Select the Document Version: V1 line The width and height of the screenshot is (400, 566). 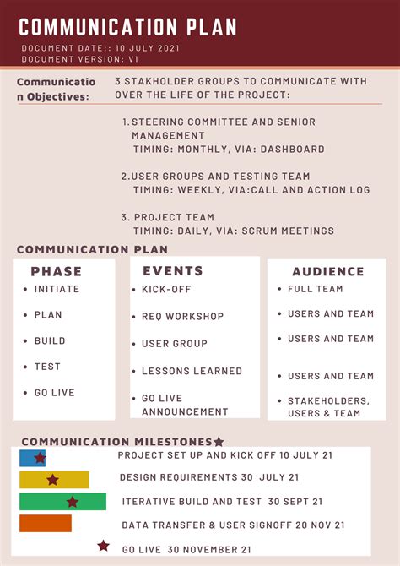pos(80,59)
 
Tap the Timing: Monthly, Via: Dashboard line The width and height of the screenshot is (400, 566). pos(229,150)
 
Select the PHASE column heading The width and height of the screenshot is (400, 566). pos(57,271)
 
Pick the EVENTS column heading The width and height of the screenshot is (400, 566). pos(173,271)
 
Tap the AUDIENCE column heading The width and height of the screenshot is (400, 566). pos(328,272)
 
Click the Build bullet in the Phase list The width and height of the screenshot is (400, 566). pos(50,340)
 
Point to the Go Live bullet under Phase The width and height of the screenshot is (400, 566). pos(54,393)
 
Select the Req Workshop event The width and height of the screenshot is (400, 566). pos(182,317)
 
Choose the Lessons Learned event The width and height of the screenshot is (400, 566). pos(192,371)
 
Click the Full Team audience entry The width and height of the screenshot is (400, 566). pos(315,289)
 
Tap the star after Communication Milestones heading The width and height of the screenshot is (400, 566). pos(219,442)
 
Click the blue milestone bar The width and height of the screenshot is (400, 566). pos(32,458)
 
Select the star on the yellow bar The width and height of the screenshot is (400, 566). pos(52,480)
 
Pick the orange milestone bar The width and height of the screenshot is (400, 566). pos(46,524)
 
